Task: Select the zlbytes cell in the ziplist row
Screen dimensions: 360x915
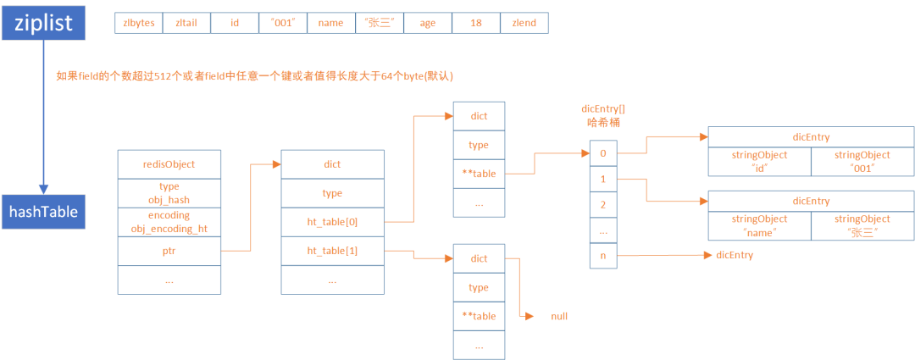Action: click(x=138, y=24)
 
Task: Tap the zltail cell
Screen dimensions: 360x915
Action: click(x=186, y=24)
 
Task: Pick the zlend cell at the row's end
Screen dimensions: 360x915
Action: click(x=524, y=24)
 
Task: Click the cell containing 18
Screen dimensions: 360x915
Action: click(x=475, y=24)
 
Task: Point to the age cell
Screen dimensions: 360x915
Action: click(x=427, y=24)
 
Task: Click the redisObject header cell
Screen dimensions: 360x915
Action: click(x=169, y=164)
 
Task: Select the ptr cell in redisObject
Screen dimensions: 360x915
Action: click(x=169, y=251)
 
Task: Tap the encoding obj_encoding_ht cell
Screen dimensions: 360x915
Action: click(x=169, y=222)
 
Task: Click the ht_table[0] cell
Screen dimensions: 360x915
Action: click(x=332, y=222)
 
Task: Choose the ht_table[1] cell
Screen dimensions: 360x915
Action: click(x=332, y=251)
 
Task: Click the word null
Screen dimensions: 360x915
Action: click(x=558, y=316)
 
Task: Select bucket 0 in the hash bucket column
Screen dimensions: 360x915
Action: click(x=603, y=154)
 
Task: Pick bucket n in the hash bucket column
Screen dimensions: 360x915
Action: click(x=603, y=255)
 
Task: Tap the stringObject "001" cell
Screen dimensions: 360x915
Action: click(x=862, y=161)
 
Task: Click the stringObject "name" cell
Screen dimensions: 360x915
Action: click(x=759, y=225)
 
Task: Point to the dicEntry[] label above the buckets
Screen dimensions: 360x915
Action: click(x=604, y=109)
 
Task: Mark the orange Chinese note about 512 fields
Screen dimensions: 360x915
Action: click(x=255, y=76)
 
